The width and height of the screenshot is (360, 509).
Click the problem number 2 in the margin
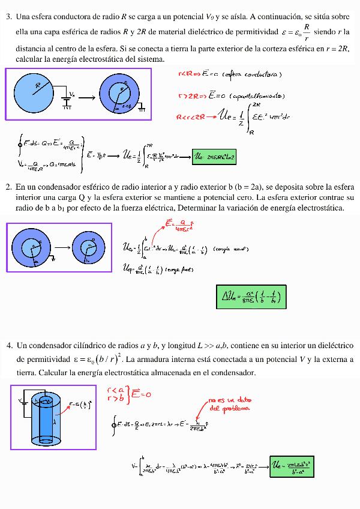pos(8,187)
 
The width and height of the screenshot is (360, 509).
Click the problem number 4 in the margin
pos(10,346)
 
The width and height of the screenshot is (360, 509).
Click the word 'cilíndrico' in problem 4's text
pos(90,346)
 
